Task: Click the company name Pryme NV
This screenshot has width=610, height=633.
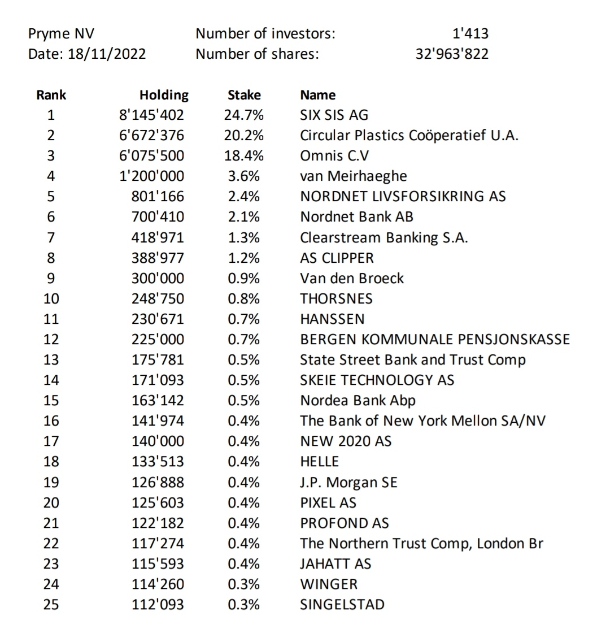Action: pos(57,34)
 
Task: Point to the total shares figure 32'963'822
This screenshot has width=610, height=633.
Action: pos(452,54)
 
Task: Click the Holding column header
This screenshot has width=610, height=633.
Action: pos(164,95)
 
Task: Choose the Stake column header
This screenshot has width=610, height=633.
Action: pos(244,95)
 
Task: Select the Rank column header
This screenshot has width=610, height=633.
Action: pos(51,95)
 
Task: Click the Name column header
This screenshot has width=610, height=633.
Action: pos(317,95)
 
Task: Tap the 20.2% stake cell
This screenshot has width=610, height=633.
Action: pos(244,136)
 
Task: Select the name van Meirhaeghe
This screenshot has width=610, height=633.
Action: pos(353,176)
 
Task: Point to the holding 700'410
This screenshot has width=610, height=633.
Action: pos(158,217)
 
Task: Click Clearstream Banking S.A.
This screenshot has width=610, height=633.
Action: pos(384,237)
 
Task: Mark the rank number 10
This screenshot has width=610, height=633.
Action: pos(51,298)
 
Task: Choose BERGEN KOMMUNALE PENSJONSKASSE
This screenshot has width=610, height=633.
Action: pos(435,340)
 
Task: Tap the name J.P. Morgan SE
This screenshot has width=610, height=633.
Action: pos(348,483)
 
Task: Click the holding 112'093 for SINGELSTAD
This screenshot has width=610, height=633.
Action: pos(158,605)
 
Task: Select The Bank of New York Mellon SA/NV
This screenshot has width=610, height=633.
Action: pos(422,421)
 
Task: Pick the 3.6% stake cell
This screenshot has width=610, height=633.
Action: pos(244,176)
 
